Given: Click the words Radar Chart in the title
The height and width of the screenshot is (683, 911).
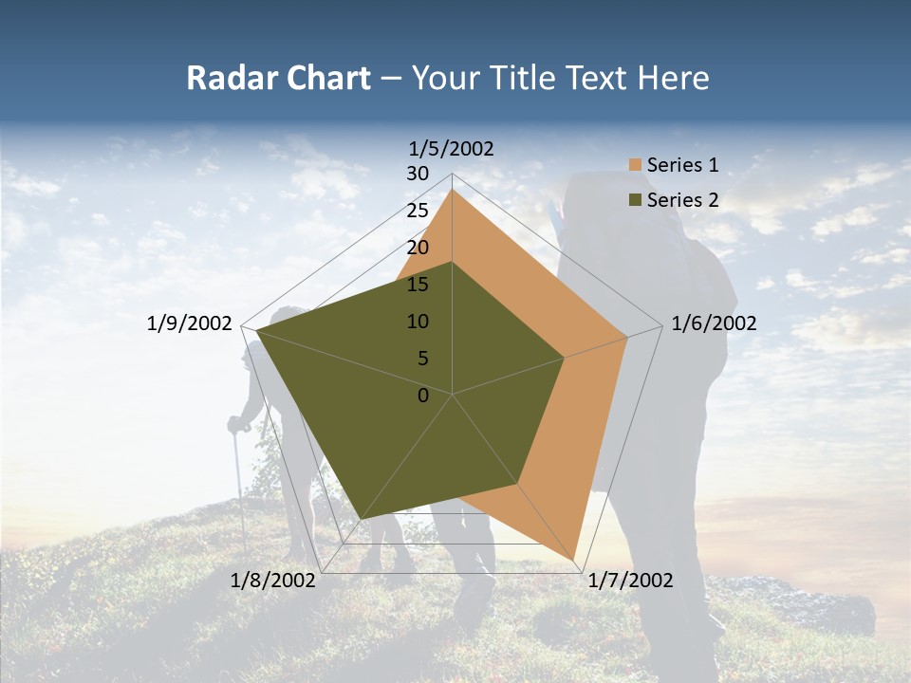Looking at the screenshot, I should (x=278, y=78).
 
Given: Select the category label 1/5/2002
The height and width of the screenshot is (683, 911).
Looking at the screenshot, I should (x=451, y=148).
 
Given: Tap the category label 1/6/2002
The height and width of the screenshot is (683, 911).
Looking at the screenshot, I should (x=714, y=323).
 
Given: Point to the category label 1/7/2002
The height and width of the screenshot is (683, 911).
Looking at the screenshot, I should (x=630, y=581).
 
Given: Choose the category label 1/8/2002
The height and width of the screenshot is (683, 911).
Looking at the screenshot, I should (x=273, y=581).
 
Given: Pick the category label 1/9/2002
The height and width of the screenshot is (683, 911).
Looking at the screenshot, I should (x=190, y=323).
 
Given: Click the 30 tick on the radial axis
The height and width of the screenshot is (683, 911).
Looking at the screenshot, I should (x=418, y=174).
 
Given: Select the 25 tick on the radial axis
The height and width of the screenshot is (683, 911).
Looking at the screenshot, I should (x=418, y=211).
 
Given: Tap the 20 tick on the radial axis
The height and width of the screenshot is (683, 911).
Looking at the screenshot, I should (x=418, y=248).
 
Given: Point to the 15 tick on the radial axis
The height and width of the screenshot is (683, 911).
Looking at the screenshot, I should (x=418, y=285).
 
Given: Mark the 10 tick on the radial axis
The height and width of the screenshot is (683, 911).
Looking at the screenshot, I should (x=418, y=322).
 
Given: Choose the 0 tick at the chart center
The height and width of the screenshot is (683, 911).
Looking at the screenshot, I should (x=423, y=396).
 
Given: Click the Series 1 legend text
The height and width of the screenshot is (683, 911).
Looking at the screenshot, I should (x=682, y=165).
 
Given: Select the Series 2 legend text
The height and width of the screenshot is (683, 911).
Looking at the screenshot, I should (x=682, y=199).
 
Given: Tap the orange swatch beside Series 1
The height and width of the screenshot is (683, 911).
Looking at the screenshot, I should (x=635, y=166).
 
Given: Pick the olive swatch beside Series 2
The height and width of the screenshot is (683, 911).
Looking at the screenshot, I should (x=635, y=200).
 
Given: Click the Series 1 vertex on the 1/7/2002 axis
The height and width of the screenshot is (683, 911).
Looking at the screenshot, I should (x=574, y=558).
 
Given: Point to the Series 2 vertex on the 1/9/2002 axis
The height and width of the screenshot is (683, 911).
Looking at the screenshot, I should (x=257, y=331).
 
